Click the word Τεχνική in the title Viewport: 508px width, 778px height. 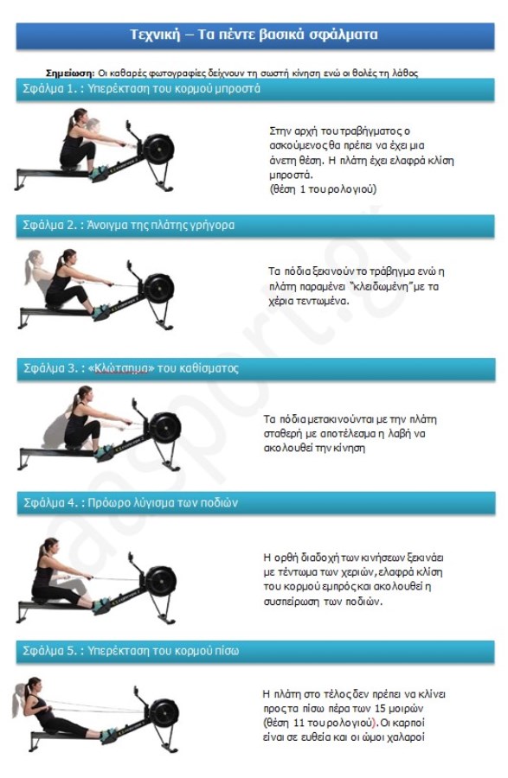coord(155,35)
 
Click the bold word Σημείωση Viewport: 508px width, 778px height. coord(69,73)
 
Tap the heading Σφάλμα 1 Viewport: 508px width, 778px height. coord(51,89)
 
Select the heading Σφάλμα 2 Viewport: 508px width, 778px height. coord(51,226)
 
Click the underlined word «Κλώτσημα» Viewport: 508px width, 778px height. coord(120,368)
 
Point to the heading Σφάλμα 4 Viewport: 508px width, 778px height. coord(52,503)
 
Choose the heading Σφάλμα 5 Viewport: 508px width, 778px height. coord(51,651)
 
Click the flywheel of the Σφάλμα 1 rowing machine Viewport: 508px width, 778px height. coord(159,149)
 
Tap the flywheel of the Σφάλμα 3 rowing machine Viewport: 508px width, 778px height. coord(165,428)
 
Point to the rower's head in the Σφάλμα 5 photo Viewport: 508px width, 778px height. coord(34,686)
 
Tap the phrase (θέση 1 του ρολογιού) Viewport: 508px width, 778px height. coord(323,189)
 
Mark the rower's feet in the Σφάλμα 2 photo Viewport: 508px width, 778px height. coord(100,312)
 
